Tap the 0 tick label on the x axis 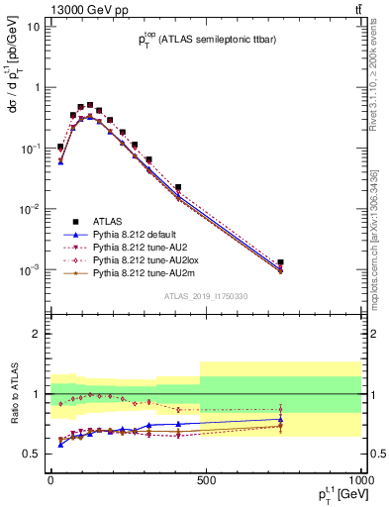[x=50, y=480]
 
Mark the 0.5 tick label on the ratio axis [x=32, y=455]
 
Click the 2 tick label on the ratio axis [x=37, y=334]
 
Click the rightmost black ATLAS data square [x=281, y=262]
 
